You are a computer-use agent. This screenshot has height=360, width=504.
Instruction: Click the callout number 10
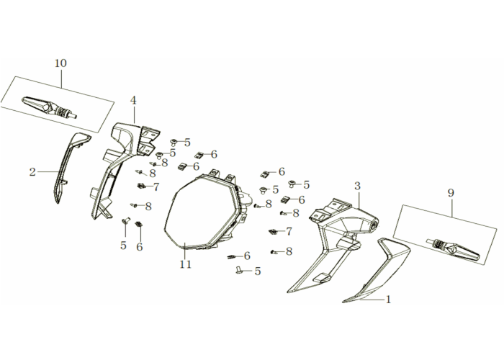(x=60, y=63)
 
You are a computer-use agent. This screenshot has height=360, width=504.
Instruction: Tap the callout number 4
(x=133, y=101)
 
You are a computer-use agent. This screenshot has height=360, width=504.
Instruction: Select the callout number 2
(x=32, y=172)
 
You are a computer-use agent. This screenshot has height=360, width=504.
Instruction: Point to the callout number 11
(x=186, y=264)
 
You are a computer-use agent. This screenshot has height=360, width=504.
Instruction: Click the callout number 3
(x=357, y=186)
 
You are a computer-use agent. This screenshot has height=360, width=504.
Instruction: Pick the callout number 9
(x=451, y=193)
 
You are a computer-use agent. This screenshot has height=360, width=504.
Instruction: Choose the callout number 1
(x=388, y=300)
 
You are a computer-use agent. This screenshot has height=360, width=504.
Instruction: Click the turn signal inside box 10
(x=49, y=107)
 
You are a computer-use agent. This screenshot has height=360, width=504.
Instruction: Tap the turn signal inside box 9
(x=453, y=249)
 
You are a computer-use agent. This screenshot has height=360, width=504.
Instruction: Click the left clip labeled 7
(x=141, y=186)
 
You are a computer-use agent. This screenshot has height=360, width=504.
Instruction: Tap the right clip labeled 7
(x=273, y=231)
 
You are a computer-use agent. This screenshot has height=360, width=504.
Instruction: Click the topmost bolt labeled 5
(x=174, y=142)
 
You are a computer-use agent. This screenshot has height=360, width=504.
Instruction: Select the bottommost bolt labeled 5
(x=238, y=270)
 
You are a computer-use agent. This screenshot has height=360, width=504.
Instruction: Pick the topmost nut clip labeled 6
(x=199, y=155)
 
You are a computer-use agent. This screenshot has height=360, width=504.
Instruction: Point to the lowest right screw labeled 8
(x=274, y=252)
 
